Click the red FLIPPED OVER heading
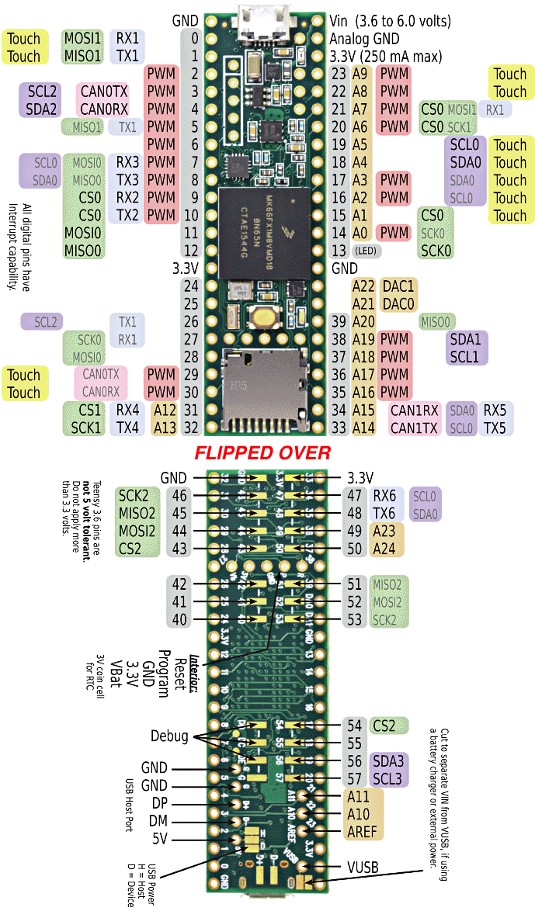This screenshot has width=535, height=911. click(x=262, y=452)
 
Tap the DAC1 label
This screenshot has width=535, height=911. click(x=399, y=286)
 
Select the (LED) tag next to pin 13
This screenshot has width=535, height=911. click(x=367, y=251)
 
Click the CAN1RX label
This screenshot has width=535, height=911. click(x=415, y=410)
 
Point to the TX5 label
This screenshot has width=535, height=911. click(x=495, y=428)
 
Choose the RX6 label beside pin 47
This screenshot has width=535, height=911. click(x=384, y=495)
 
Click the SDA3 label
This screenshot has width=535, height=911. click(x=389, y=761)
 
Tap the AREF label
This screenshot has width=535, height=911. click(x=361, y=832)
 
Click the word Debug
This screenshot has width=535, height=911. click(x=169, y=736)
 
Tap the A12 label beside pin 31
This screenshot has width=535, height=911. click(x=165, y=410)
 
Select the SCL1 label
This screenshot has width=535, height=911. click(x=465, y=356)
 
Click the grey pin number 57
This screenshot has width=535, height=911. click(x=355, y=778)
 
